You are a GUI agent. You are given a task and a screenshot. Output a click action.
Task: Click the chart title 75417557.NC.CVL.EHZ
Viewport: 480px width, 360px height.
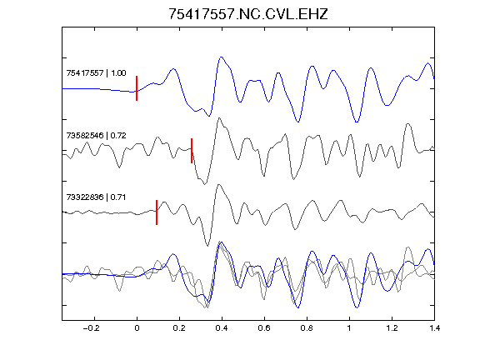[248, 14]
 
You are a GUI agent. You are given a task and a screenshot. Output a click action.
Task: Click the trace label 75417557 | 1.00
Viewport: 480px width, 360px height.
[96, 73]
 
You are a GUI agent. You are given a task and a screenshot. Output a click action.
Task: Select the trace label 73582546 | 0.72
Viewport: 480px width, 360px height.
[96, 135]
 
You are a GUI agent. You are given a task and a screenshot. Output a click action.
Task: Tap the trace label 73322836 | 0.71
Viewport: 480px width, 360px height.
[96, 197]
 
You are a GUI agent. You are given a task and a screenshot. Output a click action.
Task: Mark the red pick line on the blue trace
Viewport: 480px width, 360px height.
[137, 88]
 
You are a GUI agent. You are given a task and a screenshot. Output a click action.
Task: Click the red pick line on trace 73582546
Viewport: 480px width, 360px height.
[192, 151]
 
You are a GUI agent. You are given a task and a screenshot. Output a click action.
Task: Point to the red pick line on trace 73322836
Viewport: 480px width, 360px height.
[157, 212]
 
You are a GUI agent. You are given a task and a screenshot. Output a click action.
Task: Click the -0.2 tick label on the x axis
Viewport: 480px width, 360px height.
[91, 328]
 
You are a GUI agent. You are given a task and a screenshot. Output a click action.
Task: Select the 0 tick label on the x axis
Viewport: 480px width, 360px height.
[137, 328]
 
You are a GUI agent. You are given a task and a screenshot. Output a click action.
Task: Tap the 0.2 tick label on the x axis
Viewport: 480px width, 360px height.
[179, 328]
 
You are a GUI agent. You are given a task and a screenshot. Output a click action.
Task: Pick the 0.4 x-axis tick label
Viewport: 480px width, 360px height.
[222, 328]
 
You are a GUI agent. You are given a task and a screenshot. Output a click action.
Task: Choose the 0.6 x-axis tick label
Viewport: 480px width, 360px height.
[264, 328]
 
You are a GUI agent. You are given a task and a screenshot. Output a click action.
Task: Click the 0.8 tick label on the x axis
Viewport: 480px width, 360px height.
[307, 328]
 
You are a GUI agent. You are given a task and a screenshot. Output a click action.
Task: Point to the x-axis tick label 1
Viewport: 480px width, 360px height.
[349, 328]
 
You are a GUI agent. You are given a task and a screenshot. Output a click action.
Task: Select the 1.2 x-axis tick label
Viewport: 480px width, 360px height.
[392, 328]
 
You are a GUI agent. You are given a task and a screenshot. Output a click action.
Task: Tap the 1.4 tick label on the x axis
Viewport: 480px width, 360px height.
[434, 328]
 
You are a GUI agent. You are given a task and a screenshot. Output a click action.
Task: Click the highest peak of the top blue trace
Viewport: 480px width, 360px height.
[221, 57]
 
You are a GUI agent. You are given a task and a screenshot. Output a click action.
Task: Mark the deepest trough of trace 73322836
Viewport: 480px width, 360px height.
[207, 246]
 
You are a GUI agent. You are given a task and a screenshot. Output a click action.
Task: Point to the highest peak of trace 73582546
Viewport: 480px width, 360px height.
[218, 118]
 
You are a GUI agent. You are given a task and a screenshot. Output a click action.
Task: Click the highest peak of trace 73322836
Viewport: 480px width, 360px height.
[218, 185]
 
